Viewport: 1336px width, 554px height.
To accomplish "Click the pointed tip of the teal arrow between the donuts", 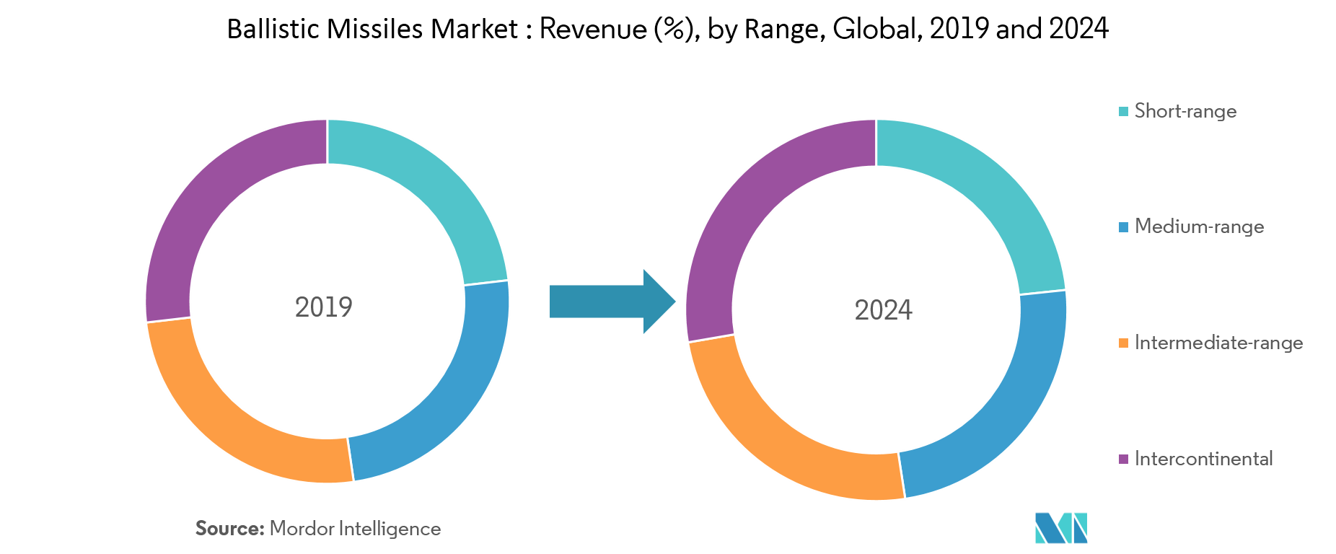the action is pos(675,302).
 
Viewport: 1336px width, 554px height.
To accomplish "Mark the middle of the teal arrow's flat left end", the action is pos(550,302).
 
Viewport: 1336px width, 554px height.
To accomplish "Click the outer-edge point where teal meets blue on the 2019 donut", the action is pos(508,280).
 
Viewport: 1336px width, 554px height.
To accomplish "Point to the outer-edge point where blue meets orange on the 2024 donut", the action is pos(905,498).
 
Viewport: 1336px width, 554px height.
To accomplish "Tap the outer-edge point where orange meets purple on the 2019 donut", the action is pos(146,322).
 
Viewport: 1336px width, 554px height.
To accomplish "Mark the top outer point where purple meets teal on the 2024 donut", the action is pos(876,120).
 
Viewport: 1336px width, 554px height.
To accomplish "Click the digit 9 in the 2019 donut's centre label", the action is pos(345,307).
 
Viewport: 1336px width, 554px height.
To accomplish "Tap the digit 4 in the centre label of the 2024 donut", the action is pos(905,310).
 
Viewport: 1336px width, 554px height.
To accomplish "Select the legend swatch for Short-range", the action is pos(1123,111).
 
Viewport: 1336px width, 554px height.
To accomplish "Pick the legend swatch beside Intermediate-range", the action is pos(1123,343).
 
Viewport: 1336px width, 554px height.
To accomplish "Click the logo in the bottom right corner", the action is pos(1061,528).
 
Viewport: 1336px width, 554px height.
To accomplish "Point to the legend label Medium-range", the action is pos(1199,227).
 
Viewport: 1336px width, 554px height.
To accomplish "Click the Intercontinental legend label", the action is pos(1203,459).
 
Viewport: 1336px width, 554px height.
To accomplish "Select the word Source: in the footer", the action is pos(230,529).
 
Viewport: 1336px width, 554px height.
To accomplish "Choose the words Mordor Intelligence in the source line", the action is pos(355,529).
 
